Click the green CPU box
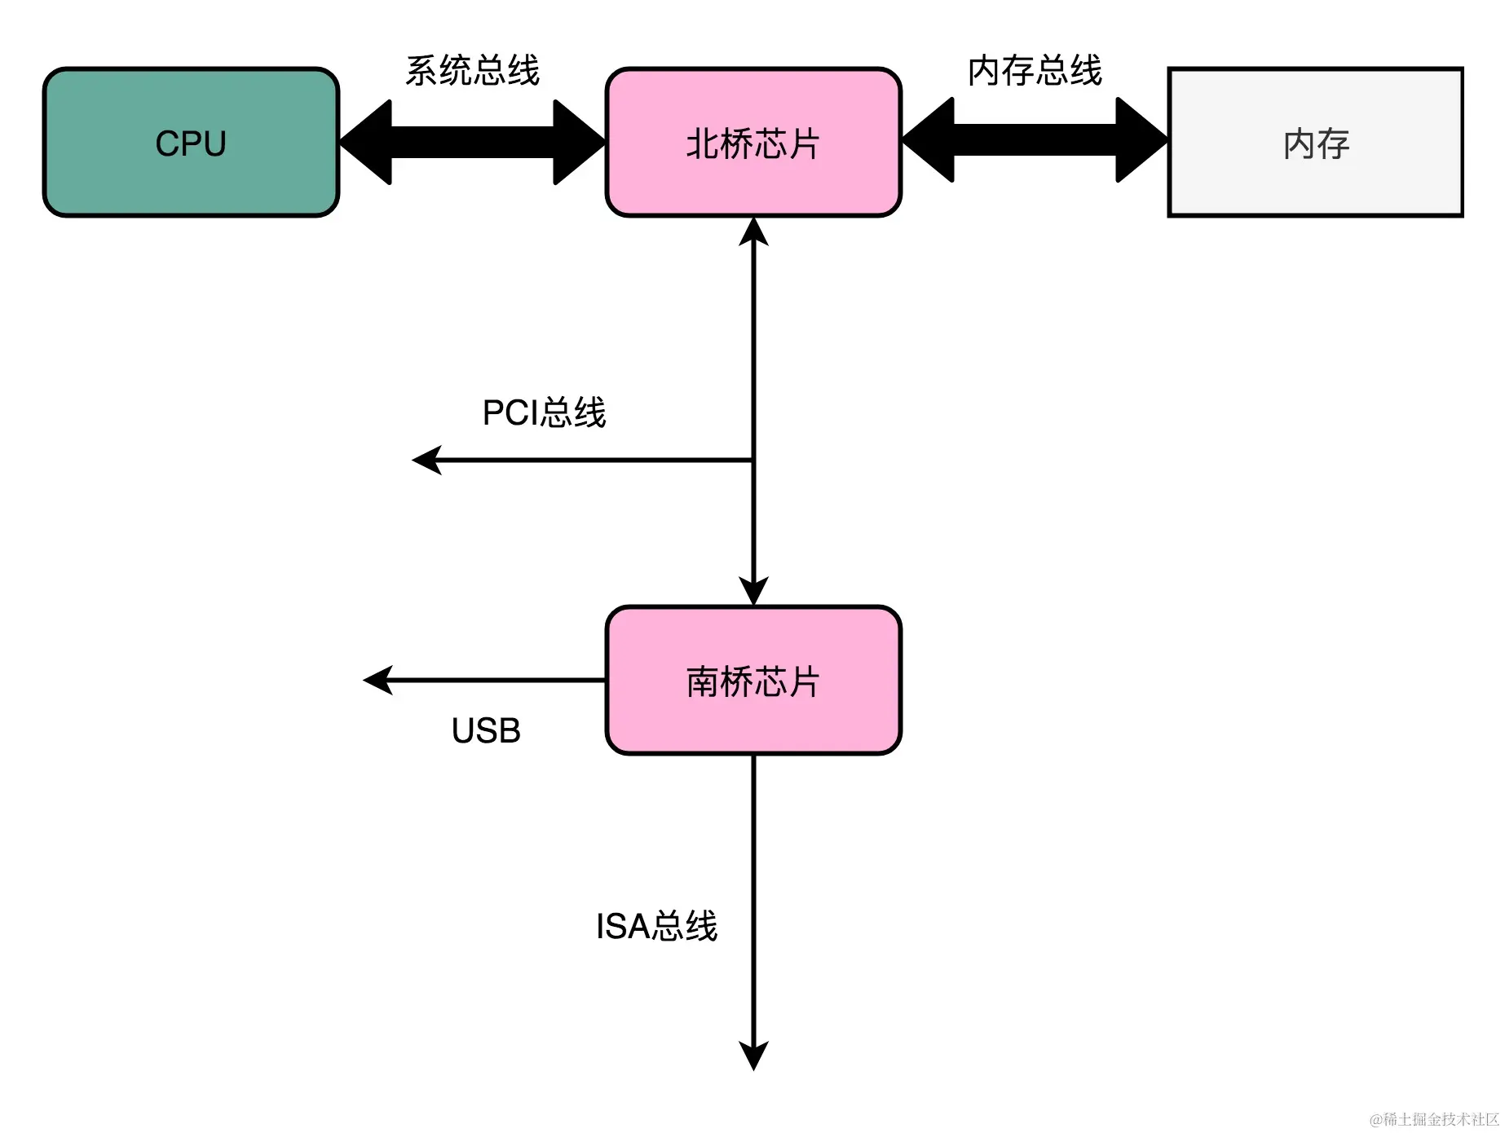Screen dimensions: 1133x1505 [x=191, y=143]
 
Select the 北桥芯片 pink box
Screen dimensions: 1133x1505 [x=752, y=143]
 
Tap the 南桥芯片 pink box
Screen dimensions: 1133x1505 [x=752, y=681]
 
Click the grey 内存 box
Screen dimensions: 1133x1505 [x=1315, y=143]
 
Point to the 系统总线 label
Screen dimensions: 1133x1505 [x=472, y=71]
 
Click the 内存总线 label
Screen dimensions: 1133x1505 [x=1035, y=71]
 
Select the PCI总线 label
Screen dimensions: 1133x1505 [x=544, y=412]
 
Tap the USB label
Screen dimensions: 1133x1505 [x=486, y=730]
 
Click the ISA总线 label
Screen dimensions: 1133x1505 [x=656, y=926]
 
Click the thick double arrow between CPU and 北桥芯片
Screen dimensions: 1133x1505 [x=472, y=143]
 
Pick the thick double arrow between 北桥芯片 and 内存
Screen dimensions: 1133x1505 [x=1035, y=141]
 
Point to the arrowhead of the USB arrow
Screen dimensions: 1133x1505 [x=377, y=680]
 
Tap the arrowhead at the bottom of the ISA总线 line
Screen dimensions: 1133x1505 [x=753, y=1055]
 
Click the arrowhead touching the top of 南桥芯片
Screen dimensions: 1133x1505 [x=753, y=591]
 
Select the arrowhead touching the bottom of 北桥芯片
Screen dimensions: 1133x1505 [x=753, y=232]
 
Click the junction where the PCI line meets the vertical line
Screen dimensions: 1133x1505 [x=753, y=461]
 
